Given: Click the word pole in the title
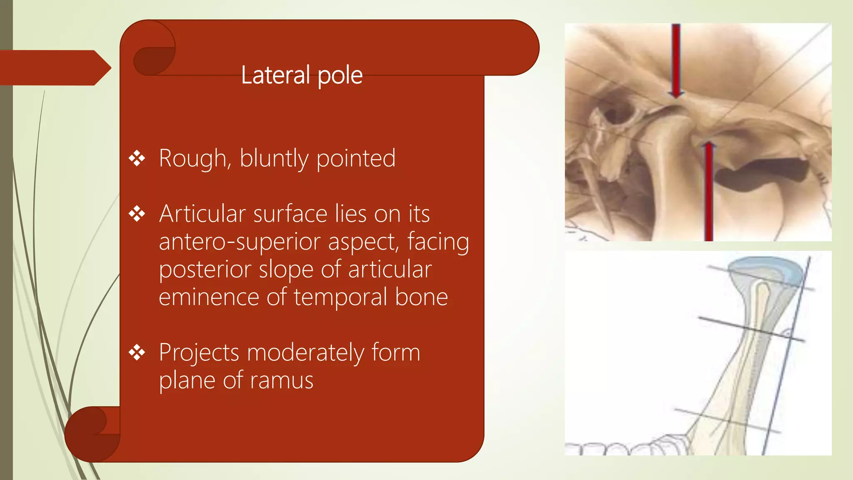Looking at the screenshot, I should [x=340, y=76].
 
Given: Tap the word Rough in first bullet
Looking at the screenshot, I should [x=192, y=159].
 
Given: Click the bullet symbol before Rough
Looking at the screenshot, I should [x=137, y=159].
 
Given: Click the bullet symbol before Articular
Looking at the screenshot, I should [x=137, y=214].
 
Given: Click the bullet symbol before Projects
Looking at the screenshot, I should [x=137, y=353].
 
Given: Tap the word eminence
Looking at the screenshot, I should [x=209, y=297].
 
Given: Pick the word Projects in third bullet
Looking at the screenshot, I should [x=199, y=353].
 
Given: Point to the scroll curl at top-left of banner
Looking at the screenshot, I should [x=153, y=52].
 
